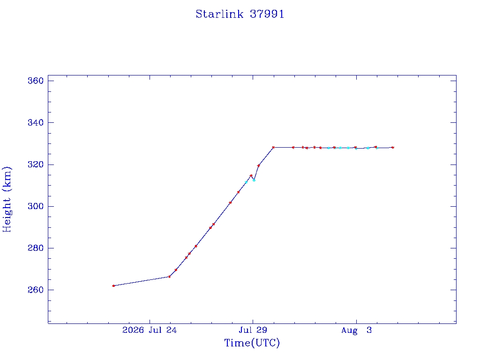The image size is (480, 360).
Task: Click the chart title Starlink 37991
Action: click(240, 14)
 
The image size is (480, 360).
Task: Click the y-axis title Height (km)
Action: click(7, 199)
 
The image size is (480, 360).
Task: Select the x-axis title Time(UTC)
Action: click(252, 343)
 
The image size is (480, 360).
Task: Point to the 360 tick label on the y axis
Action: click(36, 81)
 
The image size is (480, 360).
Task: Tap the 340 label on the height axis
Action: click(36, 123)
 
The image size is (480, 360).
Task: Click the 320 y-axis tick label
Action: click(36, 165)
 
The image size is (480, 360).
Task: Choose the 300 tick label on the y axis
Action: click(36, 206)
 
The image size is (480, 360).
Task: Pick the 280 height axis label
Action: click(36, 248)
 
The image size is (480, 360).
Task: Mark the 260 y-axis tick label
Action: click(36, 290)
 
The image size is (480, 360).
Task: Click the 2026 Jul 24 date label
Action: click(150, 330)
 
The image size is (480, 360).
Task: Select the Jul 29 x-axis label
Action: click(253, 330)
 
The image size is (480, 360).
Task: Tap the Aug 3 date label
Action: click(356, 330)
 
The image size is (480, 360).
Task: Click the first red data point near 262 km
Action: click(113, 285)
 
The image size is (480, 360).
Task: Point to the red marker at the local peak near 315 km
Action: click(251, 176)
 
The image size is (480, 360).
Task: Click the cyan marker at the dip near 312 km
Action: click(254, 180)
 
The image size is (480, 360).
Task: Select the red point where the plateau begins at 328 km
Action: click(273, 147)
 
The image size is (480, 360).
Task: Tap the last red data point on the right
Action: click(393, 147)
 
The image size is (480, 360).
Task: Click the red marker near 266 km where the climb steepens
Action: click(169, 277)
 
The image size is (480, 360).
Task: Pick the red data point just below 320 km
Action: click(259, 165)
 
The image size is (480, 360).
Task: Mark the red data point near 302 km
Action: click(230, 202)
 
